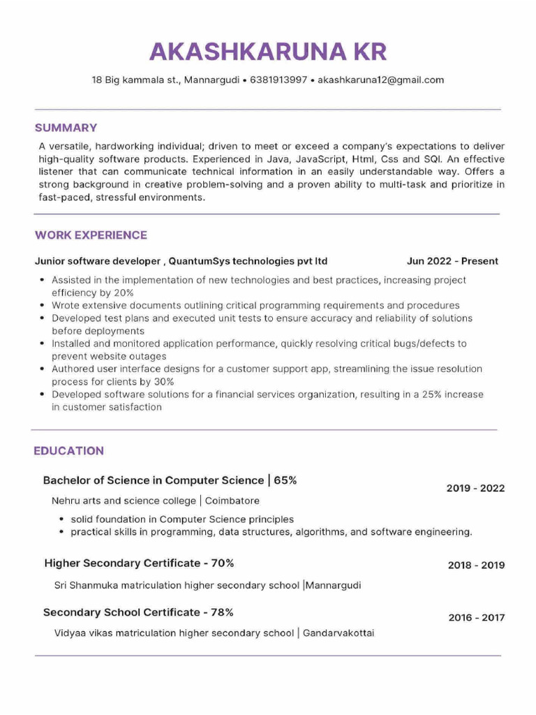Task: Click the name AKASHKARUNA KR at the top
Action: (x=268, y=52)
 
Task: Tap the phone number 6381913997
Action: (x=278, y=80)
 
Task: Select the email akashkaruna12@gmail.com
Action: (x=380, y=80)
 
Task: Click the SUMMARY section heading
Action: (x=66, y=128)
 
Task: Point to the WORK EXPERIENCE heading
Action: (x=91, y=235)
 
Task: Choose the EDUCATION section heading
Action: (x=68, y=451)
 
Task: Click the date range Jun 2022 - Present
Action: (x=452, y=261)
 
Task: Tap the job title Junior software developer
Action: (x=98, y=261)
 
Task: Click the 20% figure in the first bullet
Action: (x=123, y=293)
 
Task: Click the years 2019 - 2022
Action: (x=475, y=488)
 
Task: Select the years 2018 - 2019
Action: (x=476, y=565)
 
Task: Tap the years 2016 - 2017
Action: (x=476, y=617)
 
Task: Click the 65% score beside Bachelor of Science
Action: (x=285, y=480)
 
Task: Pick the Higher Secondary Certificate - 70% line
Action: (x=139, y=563)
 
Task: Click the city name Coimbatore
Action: (x=232, y=501)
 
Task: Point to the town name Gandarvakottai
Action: (x=338, y=633)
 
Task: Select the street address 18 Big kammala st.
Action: (x=135, y=80)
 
